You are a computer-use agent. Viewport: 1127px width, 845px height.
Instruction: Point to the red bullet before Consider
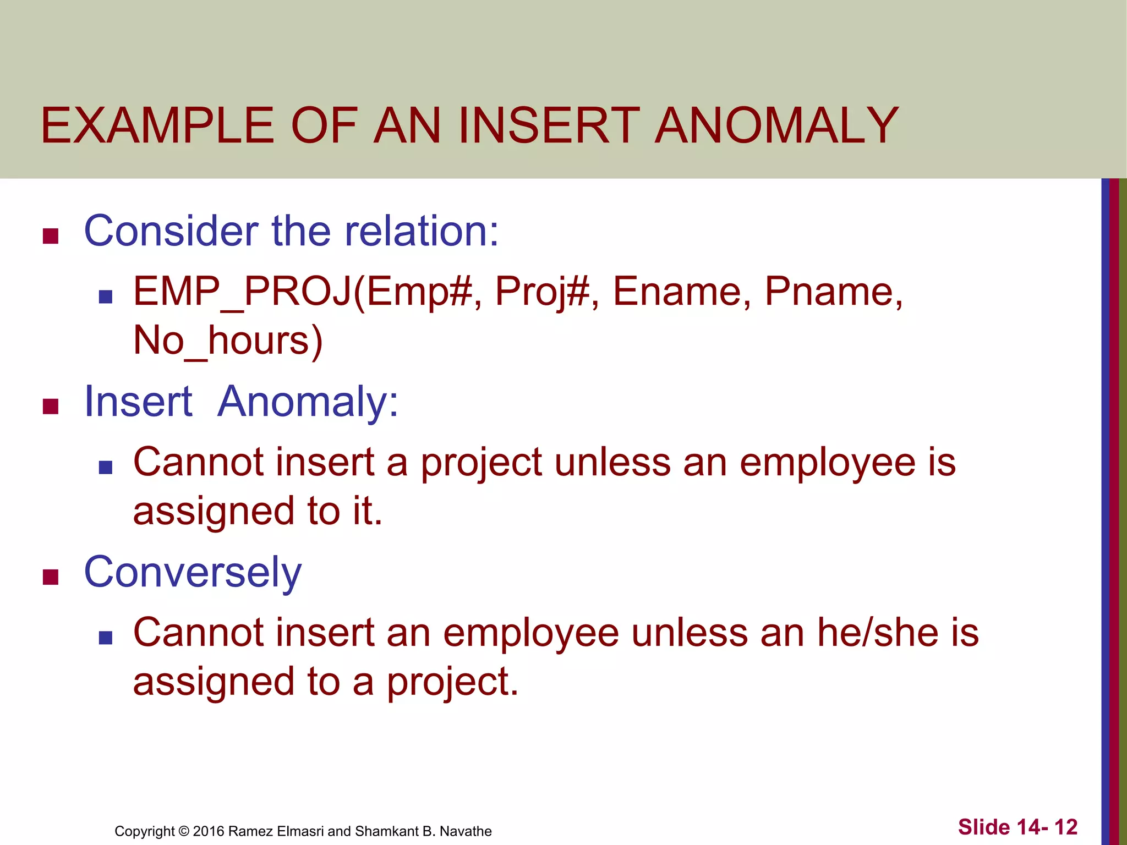[x=51, y=236]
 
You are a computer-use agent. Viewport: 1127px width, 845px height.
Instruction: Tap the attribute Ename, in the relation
[x=681, y=292]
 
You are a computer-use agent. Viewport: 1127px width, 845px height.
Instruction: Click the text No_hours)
[x=228, y=341]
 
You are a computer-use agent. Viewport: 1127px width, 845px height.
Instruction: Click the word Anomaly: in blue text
[x=308, y=402]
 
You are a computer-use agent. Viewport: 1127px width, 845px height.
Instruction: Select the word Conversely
[x=193, y=572]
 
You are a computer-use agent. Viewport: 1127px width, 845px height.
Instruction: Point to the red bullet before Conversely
[x=51, y=577]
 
